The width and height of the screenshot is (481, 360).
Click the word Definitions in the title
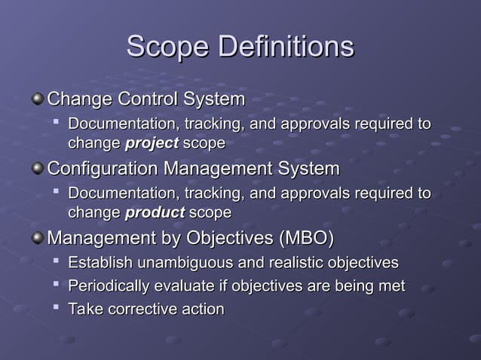click(x=286, y=47)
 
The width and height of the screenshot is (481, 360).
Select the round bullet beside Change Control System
click(x=38, y=99)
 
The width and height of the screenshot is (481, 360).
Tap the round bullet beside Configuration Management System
click(x=38, y=169)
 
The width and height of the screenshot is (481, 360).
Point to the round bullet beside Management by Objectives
click(x=38, y=239)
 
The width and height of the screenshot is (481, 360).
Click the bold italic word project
click(x=152, y=143)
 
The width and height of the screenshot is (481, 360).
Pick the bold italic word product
click(x=155, y=212)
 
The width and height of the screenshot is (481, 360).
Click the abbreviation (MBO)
click(x=306, y=239)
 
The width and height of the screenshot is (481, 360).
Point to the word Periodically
click(x=109, y=286)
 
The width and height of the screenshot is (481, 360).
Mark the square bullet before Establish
click(x=57, y=262)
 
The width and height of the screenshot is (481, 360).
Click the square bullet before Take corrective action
click(x=57, y=309)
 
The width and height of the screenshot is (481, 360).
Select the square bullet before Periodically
click(x=57, y=285)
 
